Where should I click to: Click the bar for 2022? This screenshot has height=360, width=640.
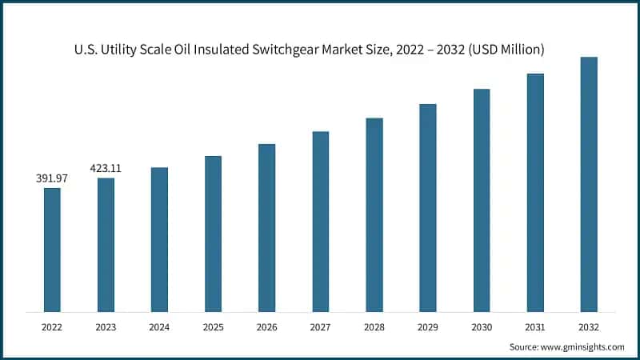tap(52, 250)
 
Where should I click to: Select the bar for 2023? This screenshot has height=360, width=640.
tap(106, 244)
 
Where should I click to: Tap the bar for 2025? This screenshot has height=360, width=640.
tap(213, 233)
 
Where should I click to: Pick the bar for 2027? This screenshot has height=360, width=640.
tap(320, 221)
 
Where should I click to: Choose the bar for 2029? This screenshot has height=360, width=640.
tap(428, 207)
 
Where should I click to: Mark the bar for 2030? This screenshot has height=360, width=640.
tap(482, 200)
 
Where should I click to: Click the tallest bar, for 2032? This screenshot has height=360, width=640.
tap(589, 184)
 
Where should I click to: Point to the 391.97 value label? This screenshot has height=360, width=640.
tap(52, 178)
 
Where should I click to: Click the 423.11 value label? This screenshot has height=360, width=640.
tap(106, 168)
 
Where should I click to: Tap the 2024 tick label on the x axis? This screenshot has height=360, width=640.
tap(159, 327)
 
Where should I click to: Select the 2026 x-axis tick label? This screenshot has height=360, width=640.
tap(266, 327)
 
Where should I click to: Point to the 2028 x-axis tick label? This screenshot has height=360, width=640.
tap(374, 327)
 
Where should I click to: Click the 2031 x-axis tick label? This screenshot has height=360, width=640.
tap(535, 327)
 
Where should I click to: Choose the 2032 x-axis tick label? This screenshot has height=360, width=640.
tap(589, 327)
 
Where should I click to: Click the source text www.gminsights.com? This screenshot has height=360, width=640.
tap(581, 347)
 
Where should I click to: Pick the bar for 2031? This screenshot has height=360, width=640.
tap(535, 192)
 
